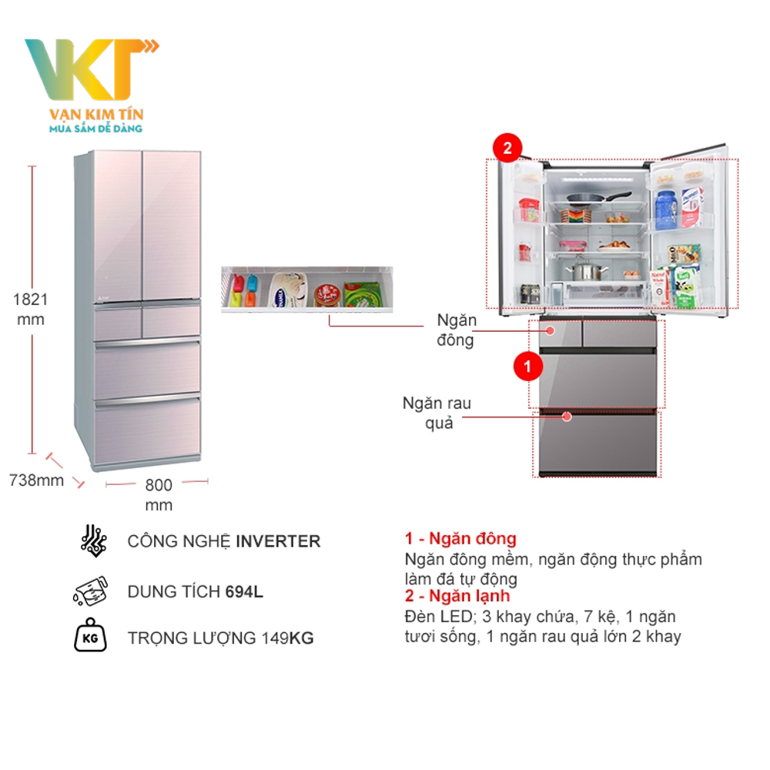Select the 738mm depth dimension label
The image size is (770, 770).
[x=36, y=480]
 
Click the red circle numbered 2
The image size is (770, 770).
[x=507, y=147]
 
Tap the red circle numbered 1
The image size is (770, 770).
[x=527, y=367]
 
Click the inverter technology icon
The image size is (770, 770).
[x=94, y=541]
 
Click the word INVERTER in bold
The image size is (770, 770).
[x=278, y=541]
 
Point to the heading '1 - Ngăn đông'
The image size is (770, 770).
[x=460, y=539]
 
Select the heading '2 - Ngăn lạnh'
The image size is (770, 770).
[x=457, y=596]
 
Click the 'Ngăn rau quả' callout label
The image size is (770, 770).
[x=437, y=412]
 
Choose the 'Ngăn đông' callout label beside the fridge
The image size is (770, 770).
[x=457, y=330]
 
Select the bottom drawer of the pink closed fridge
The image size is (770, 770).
[x=147, y=433]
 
